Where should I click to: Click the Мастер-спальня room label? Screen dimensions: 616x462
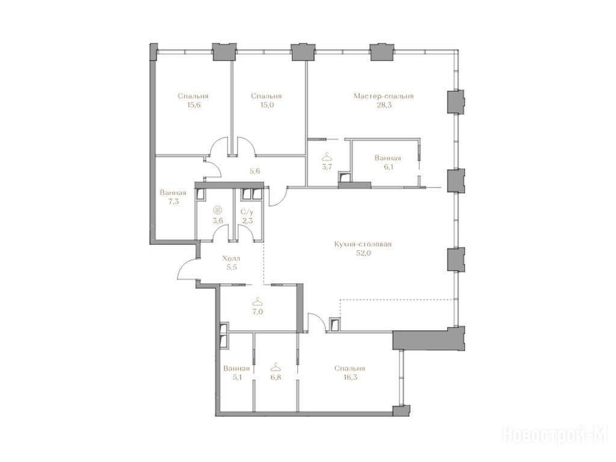pos(383,96)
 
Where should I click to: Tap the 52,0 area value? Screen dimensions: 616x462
pos(363,253)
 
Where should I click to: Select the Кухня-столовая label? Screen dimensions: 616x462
pos(363,244)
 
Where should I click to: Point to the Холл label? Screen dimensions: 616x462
pos(231,259)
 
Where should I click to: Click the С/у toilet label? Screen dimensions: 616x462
pos(247,212)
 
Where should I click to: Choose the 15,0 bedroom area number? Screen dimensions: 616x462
pos(266,105)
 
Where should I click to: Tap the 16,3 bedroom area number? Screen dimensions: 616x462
pos(350,377)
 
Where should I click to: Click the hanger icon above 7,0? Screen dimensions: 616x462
pos(257,302)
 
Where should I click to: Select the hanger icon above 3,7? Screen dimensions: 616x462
pos(327,158)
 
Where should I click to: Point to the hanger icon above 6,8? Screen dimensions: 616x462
pos(276,367)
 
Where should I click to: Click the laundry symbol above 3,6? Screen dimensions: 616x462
pos(217,210)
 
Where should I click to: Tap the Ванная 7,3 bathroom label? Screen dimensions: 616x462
pos(173,197)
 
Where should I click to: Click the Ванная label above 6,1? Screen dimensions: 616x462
pos(388,158)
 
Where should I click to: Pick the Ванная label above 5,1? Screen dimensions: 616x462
pos(236,369)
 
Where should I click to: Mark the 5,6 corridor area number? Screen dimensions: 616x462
pos(255,171)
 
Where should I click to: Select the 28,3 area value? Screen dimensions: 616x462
pos(383,105)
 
